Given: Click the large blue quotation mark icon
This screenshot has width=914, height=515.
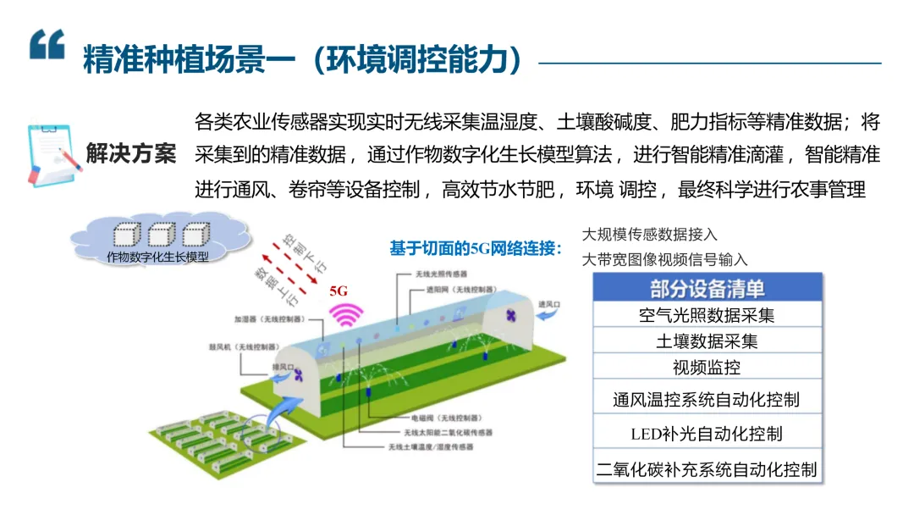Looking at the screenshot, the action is click(47, 44).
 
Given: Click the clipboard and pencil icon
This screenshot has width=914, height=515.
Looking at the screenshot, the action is click(53, 153).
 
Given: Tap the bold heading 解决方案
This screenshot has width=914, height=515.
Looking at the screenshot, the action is click(131, 154).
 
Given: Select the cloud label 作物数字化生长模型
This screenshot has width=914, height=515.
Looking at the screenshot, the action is click(157, 256).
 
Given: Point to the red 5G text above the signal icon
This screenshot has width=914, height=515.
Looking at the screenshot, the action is click(339, 291).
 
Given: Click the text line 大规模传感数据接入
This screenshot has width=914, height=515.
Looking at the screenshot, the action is click(650, 235).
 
